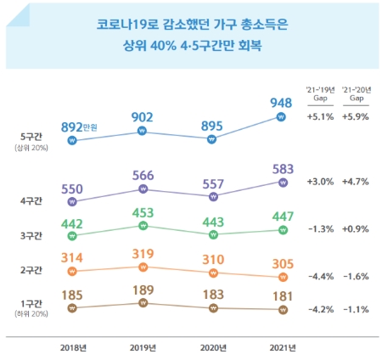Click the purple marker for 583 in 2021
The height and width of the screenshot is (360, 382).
[x=283, y=182]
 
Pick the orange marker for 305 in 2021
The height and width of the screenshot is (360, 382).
[x=283, y=276]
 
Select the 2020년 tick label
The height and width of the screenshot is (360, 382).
[x=213, y=346]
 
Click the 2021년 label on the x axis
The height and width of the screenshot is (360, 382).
[x=283, y=346]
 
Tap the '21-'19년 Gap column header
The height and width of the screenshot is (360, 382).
[x=320, y=93]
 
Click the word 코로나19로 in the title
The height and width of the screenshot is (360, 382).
[x=123, y=25]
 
